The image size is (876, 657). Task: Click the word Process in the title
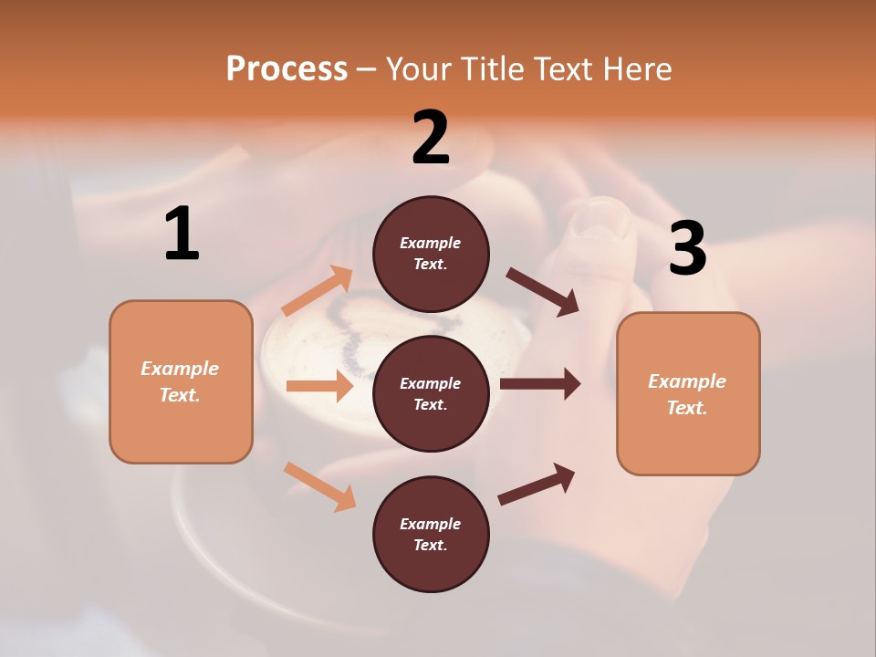pos(287,69)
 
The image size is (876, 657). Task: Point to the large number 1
pos(182,235)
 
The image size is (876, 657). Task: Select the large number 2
pos(431,137)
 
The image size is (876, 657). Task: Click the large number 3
pos(687,249)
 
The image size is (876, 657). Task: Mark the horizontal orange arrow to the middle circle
pos(319,386)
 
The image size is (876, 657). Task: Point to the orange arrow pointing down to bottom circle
pos(319,485)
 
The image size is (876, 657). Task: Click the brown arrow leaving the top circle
pos(543,292)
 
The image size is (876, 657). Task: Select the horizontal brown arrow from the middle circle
pos(540,384)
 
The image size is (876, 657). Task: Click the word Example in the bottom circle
pos(430,524)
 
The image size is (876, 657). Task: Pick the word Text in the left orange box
pos(178,395)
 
